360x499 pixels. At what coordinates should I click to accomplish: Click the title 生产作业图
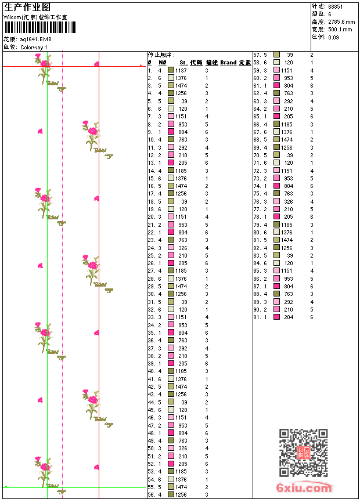pyautogui.click(x=27, y=7)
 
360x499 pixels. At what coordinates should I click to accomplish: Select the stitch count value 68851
pyautogui.click(x=336, y=7)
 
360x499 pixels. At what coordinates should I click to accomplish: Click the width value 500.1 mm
pyautogui.click(x=340, y=29)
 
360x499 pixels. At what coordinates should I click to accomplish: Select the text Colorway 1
pyautogui.click(x=34, y=47)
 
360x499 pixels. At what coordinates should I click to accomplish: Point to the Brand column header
pyautogui.click(x=228, y=63)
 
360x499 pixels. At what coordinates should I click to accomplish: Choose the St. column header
pyautogui.click(x=183, y=63)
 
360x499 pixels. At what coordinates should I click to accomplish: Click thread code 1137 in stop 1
pyautogui.click(x=181, y=70)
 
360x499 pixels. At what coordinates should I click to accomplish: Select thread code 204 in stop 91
pyautogui.click(x=289, y=317)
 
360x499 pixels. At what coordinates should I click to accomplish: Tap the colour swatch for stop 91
pyautogui.click(x=276, y=317)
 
